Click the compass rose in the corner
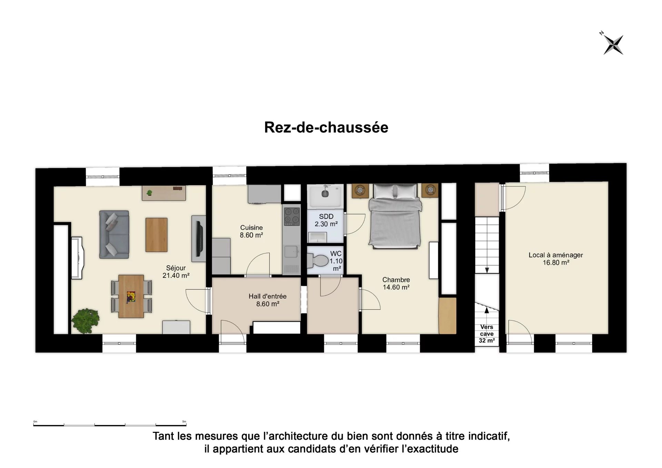(613, 44)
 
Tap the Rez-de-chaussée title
(326, 127)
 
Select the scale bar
(110, 425)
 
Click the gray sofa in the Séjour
(114, 235)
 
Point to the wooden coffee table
(157, 235)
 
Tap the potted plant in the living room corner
(85, 321)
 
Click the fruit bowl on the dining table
(131, 297)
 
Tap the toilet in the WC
(318, 261)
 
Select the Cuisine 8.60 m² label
(252, 231)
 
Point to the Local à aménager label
(556, 258)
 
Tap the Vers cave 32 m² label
(487, 334)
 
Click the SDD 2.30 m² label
(326, 220)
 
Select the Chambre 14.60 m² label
(396, 283)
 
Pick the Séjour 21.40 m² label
(176, 272)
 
